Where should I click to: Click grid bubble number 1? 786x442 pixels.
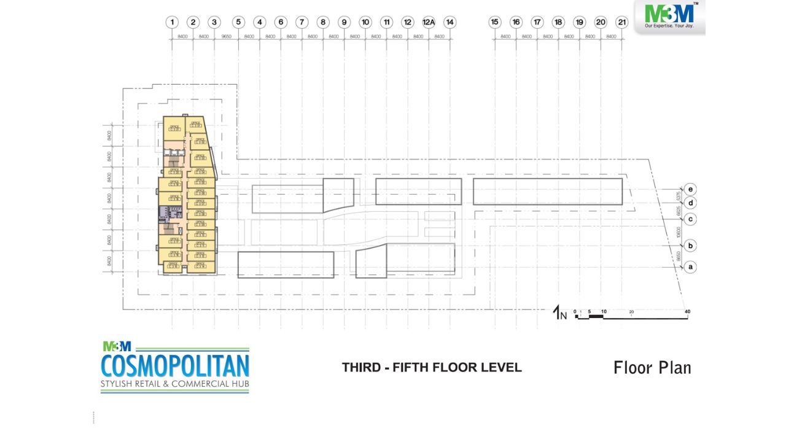tap(173, 22)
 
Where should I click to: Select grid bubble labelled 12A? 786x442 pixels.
tap(429, 22)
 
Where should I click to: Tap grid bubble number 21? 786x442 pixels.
tap(622, 22)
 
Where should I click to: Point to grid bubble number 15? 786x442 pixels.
tap(495, 22)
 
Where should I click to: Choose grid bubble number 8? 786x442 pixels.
tap(323, 22)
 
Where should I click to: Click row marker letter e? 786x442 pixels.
tap(691, 189)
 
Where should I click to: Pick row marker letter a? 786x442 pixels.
tap(691, 267)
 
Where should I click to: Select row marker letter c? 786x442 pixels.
tap(691, 219)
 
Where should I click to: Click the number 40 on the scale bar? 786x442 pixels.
tap(687, 312)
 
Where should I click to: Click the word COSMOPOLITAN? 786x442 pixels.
tap(175, 366)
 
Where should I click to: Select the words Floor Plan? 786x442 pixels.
tap(652, 368)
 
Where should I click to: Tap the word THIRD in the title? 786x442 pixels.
tap(362, 368)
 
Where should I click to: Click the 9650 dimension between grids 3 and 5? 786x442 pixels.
tap(227, 37)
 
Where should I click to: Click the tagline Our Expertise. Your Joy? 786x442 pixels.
tap(669, 27)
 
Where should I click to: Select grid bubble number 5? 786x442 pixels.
tap(239, 22)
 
